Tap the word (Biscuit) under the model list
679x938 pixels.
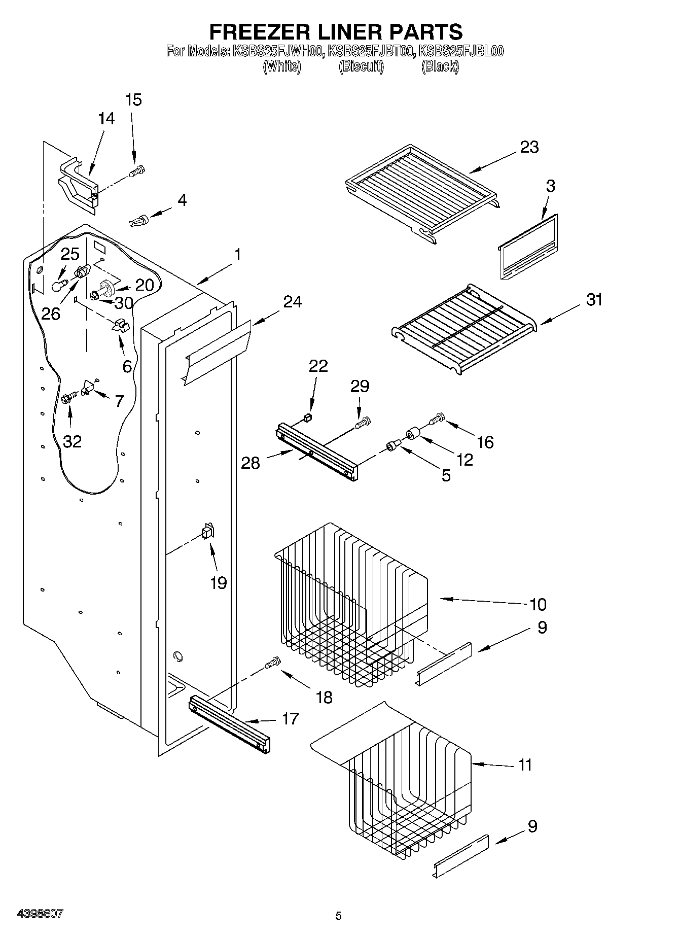coord(361,66)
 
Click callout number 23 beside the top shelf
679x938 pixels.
coord(529,147)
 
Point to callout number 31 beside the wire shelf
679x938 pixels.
coord(594,300)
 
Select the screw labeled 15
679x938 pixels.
coord(136,171)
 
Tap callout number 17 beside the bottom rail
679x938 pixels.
coord(290,719)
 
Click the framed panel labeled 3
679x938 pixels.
coord(527,246)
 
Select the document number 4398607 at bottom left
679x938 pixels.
coord(40,913)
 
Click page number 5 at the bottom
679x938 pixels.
coord(338,916)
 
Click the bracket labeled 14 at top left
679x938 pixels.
coord(78,185)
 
